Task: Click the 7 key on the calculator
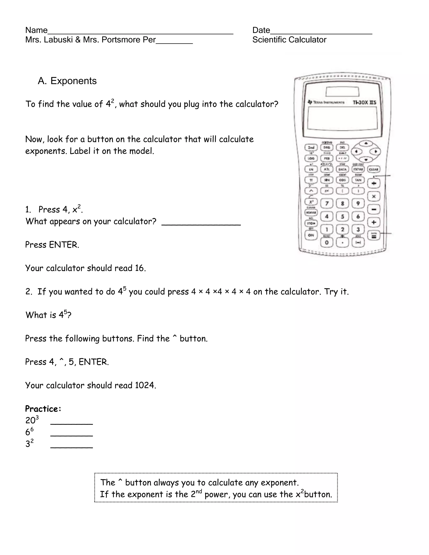pyautogui.click(x=327, y=203)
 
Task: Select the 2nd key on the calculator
pyautogui.click(x=311, y=147)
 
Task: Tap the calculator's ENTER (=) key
pyautogui.click(x=374, y=236)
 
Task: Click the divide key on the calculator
pyautogui.click(x=374, y=183)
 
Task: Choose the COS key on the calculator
pyautogui.click(x=342, y=180)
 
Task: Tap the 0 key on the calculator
pyautogui.click(x=327, y=243)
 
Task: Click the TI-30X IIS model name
pyautogui.click(x=364, y=102)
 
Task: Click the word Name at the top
pyautogui.click(x=36, y=30)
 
